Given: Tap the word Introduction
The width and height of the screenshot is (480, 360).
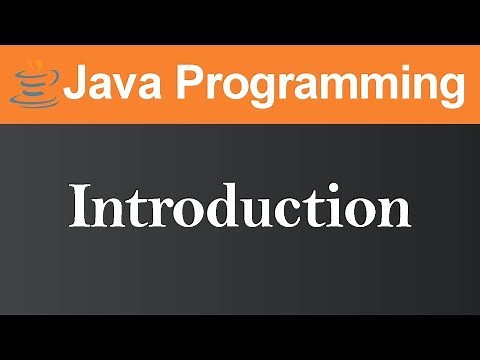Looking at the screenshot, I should point(240,208).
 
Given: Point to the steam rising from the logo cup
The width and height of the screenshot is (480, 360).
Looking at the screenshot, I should point(35,68).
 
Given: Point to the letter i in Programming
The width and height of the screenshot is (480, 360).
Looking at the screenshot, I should point(396,83).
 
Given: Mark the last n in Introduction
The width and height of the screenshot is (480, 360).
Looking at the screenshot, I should point(395,212).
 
